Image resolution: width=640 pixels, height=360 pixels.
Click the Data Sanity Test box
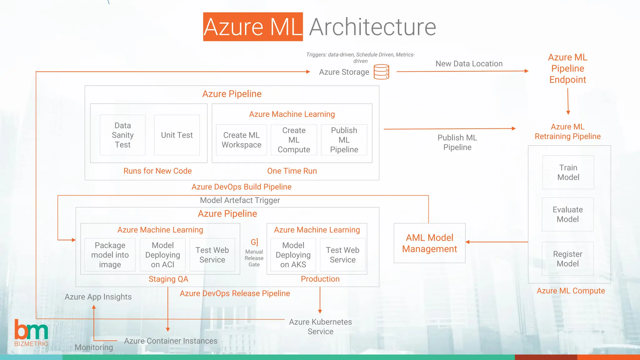click(122, 135)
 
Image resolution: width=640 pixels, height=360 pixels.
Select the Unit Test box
click(177, 135)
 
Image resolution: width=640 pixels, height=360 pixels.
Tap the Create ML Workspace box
click(241, 140)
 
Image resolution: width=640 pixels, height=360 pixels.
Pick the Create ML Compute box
click(294, 140)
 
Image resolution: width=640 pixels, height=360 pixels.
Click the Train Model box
click(568, 172)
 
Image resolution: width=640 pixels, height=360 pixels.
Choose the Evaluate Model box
click(567, 214)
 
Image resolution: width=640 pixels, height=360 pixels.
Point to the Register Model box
click(567, 259)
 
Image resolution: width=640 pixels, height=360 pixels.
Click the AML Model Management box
click(429, 243)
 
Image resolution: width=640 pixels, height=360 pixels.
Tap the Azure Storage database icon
click(381, 72)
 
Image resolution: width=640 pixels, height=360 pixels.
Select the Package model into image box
click(110, 255)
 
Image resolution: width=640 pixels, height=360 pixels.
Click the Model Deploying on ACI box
click(162, 255)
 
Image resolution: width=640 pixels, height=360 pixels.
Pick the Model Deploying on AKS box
click(293, 255)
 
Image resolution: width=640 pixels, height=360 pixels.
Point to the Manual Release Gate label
click(254, 258)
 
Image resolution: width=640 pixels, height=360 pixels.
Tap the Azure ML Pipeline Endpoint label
click(567, 68)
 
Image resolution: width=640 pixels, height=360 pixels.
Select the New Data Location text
click(469, 64)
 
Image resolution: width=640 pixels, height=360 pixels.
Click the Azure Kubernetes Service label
click(320, 327)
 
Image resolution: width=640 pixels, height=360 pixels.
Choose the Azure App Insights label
click(98, 297)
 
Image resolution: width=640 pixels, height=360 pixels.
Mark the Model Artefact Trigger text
click(240, 200)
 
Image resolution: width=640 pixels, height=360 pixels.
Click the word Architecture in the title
click(372, 27)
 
